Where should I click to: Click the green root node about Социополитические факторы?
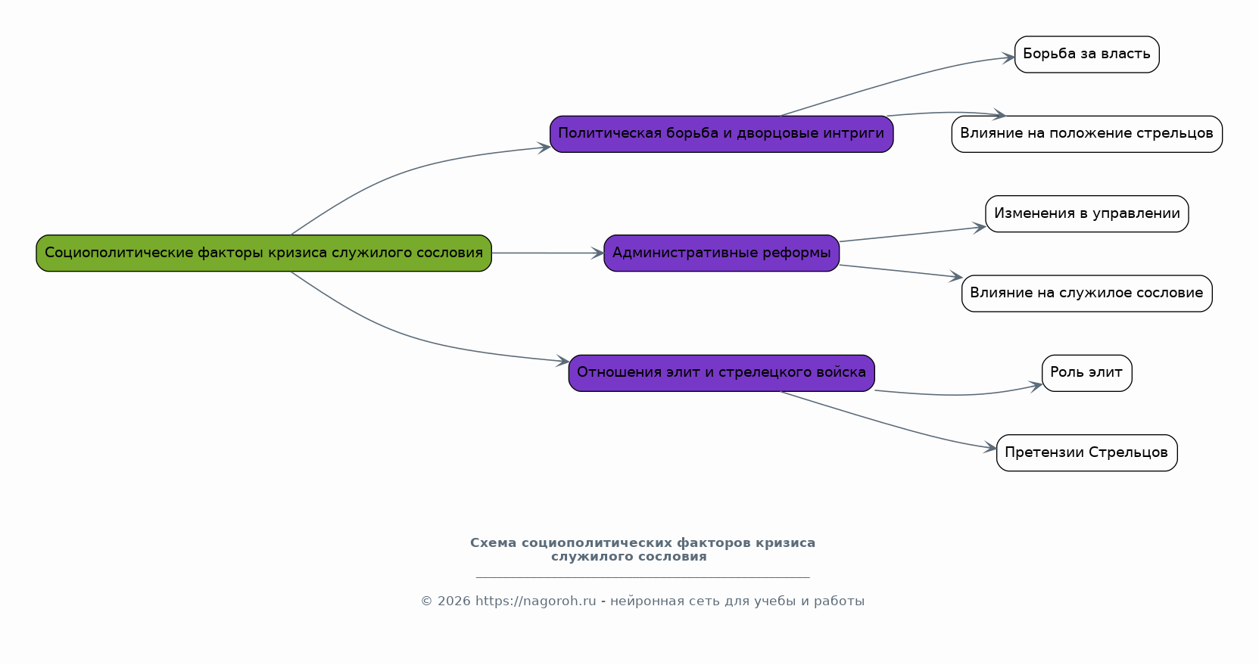(263, 253)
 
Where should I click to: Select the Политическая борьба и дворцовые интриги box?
(721, 134)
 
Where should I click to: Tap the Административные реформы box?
(721, 253)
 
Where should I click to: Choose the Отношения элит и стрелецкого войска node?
(721, 372)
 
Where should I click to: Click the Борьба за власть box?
(1086, 54)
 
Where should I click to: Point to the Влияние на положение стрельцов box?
(1086, 134)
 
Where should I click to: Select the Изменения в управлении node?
(1086, 213)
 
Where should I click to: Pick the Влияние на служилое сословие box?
(1086, 294)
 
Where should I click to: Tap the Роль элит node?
(1086, 372)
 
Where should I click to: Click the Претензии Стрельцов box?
(1086, 452)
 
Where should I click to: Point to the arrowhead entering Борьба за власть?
(1008, 57)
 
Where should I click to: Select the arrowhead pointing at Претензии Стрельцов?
(990, 448)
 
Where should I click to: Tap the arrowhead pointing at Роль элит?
(1036, 387)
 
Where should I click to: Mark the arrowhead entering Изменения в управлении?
(980, 228)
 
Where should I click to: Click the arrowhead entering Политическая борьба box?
(544, 148)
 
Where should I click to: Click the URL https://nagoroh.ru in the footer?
(536, 601)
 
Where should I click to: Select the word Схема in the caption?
(493, 542)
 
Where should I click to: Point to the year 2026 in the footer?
(453, 601)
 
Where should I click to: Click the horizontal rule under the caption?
(643, 576)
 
